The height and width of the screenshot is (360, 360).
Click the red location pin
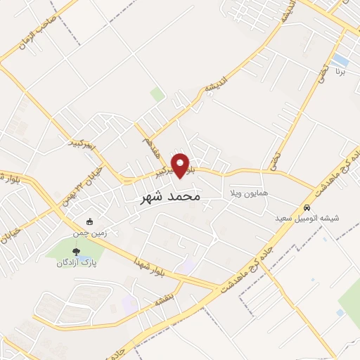click(x=181, y=165)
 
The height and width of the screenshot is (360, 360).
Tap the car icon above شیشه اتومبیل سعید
click(x=307, y=208)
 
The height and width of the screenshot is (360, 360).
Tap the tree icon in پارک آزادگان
click(x=75, y=252)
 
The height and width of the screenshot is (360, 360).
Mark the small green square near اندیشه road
click(x=157, y=94)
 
